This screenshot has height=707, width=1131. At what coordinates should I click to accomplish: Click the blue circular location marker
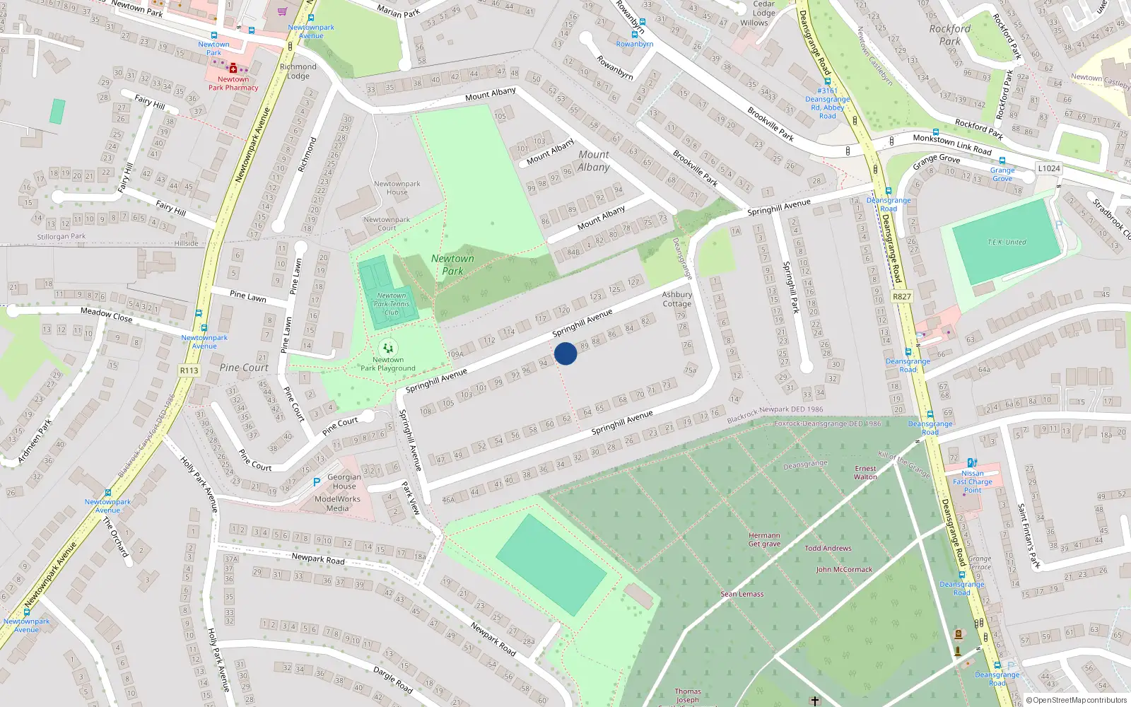coord(565,353)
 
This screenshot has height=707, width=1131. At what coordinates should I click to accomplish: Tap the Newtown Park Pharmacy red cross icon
coord(233,69)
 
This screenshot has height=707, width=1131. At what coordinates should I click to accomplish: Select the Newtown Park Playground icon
coord(387,348)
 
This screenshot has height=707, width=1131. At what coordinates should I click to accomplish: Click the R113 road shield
coord(189,370)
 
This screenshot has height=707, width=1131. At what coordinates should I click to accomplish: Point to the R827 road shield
coord(902,296)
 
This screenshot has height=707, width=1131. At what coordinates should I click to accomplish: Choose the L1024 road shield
coord(1049,168)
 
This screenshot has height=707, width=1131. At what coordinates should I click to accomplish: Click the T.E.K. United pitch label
coord(1007,242)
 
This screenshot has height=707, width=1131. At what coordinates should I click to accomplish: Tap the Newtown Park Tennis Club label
coord(392,304)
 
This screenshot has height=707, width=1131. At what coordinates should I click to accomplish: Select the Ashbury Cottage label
coord(676,299)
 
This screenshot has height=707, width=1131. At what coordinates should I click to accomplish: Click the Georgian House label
coord(344,481)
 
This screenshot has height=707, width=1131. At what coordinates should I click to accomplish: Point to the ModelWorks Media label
coord(337,503)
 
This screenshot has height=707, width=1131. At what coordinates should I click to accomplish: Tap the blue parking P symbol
coord(317,482)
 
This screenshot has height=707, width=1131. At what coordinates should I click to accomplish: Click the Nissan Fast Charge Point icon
coord(972,463)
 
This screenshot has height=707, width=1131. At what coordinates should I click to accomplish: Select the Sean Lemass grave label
coord(742,594)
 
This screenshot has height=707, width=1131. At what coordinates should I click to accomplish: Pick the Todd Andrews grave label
coord(828,548)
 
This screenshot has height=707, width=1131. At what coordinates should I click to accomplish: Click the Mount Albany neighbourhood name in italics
coord(594,160)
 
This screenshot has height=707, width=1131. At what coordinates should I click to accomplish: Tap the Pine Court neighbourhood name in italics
coord(244,368)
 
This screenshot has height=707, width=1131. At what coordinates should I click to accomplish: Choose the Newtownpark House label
coord(397,188)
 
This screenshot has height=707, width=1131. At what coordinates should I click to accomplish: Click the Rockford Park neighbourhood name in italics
coord(950,35)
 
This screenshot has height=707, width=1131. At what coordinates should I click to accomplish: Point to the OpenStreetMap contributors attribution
coord(1077,700)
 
